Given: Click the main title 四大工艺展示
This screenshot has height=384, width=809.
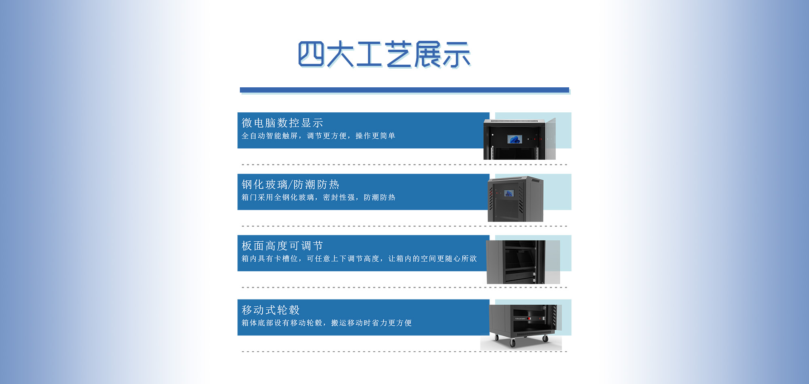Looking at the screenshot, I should (384, 54).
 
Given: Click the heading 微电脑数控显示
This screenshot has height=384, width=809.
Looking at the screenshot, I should (282, 123).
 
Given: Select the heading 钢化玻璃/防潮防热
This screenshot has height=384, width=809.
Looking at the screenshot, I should (290, 185).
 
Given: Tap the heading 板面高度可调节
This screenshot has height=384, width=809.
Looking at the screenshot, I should (282, 246).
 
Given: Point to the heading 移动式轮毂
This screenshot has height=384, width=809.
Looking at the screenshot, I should (270, 310).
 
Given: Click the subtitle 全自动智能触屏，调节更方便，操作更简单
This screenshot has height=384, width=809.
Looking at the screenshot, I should (318, 136).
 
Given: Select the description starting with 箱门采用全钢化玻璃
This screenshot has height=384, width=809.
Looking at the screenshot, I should (318, 197).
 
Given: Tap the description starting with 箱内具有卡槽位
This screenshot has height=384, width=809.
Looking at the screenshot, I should (359, 259).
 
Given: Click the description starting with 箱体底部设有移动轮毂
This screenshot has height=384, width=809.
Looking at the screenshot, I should (326, 323).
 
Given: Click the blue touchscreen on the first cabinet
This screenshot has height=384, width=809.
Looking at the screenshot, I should (515, 139).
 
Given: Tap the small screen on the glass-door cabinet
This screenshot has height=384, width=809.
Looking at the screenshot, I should (509, 193).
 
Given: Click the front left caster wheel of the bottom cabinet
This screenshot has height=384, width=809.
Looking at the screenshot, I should (513, 343).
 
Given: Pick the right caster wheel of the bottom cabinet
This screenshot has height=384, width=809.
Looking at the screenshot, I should (545, 339).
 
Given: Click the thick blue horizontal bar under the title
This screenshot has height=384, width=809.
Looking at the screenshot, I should (404, 90).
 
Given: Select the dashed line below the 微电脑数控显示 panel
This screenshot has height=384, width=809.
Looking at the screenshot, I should (404, 165).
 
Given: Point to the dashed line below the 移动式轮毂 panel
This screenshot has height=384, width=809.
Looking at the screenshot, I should (404, 352).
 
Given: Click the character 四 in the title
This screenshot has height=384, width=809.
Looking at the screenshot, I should (311, 54).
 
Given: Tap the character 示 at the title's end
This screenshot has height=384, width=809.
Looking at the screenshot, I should (456, 54).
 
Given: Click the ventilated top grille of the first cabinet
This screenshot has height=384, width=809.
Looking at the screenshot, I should (514, 121).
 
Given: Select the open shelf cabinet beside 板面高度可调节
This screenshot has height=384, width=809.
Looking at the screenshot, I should (523, 262).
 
